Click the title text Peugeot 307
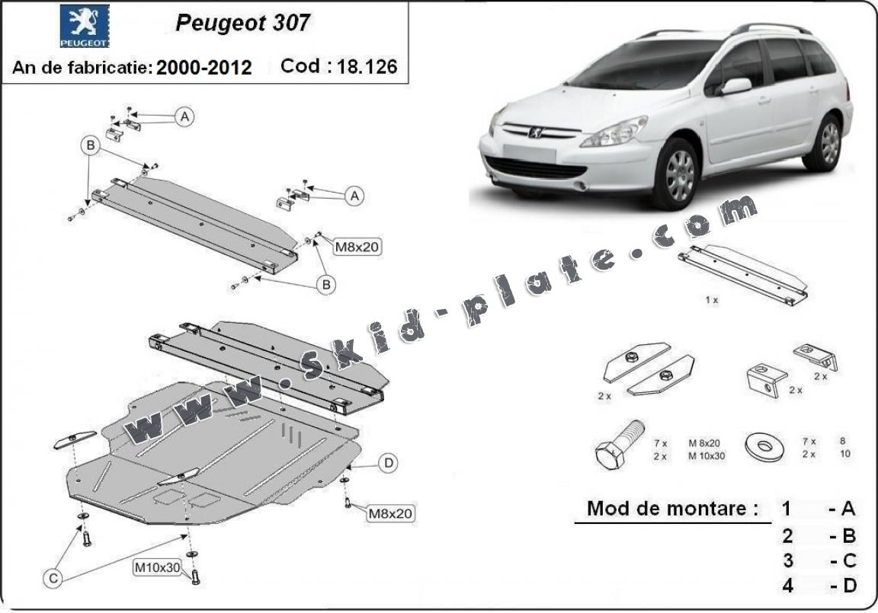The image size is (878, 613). tap(242, 23)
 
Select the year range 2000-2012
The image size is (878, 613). tap(203, 67)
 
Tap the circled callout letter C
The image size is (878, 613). tap(53, 579)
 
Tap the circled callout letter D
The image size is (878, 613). tap(388, 462)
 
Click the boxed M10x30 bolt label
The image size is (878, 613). tap(158, 567)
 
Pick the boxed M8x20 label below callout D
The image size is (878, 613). tap(390, 514)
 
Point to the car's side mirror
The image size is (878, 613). tap(735, 86)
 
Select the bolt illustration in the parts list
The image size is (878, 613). tap(618, 445)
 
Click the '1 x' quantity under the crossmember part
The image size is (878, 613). tap(711, 301)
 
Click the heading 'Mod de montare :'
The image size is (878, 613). tap(672, 509)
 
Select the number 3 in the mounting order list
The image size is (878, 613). tap(787, 560)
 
